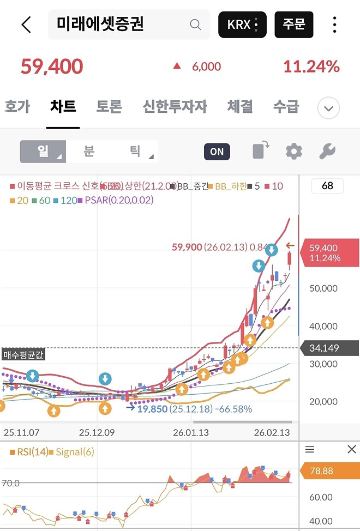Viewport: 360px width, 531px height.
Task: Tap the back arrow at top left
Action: coord(26,25)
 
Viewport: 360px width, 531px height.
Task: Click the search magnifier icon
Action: coord(195,25)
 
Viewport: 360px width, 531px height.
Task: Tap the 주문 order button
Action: coord(293,25)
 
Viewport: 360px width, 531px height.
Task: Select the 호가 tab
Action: coord(17,106)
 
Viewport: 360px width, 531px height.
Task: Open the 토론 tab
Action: coord(109,106)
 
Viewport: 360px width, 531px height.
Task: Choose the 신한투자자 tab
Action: coord(175,106)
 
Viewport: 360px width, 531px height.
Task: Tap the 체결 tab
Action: coord(240,106)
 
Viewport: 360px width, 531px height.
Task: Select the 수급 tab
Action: coord(286,106)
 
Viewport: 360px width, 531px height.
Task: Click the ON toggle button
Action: coord(217,152)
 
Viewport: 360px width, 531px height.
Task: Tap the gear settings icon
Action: coord(294,152)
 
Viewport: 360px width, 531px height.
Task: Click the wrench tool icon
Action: coord(327,152)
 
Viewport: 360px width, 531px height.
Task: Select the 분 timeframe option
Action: coord(89,151)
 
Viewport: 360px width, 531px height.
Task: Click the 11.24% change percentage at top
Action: coord(311,67)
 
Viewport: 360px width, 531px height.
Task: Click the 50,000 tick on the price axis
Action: coord(323,288)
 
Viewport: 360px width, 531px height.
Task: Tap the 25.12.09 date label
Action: coord(97,433)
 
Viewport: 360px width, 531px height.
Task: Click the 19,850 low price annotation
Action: coord(152,409)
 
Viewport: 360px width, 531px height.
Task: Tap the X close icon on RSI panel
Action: coord(352,449)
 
